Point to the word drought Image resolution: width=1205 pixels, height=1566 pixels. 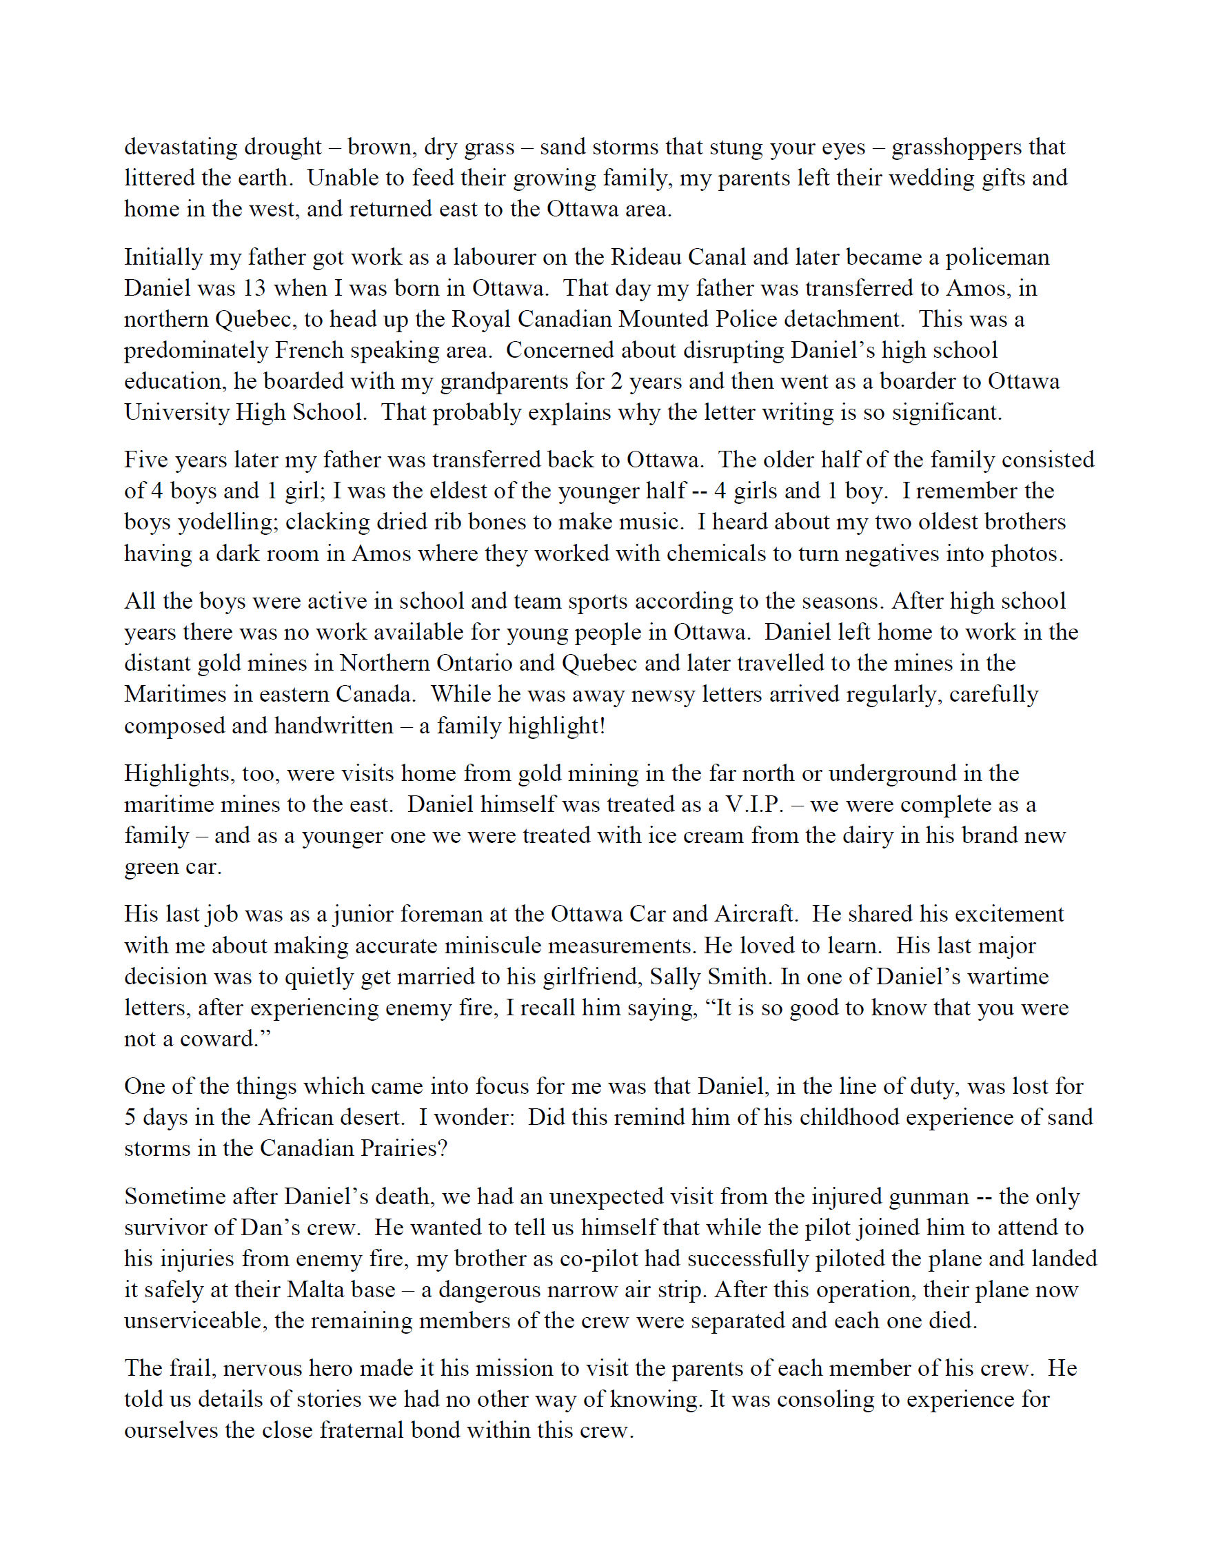[x=283, y=147]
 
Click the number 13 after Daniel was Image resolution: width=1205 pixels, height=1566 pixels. [x=252, y=288]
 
